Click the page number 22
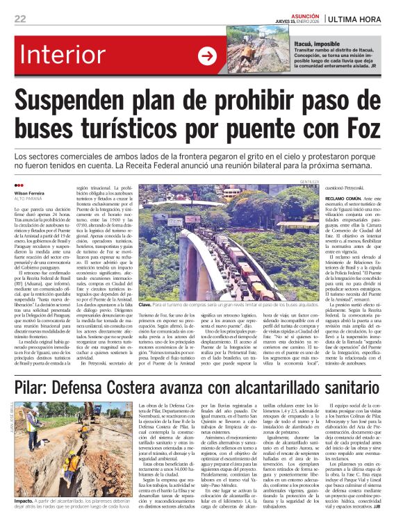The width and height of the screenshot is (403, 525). (x=20, y=19)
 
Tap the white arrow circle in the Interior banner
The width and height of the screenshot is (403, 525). (x=207, y=56)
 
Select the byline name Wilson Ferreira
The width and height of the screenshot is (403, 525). (x=29, y=193)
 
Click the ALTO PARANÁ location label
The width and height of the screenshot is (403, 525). (x=28, y=199)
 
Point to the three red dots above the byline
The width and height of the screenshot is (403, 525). (x=18, y=185)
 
